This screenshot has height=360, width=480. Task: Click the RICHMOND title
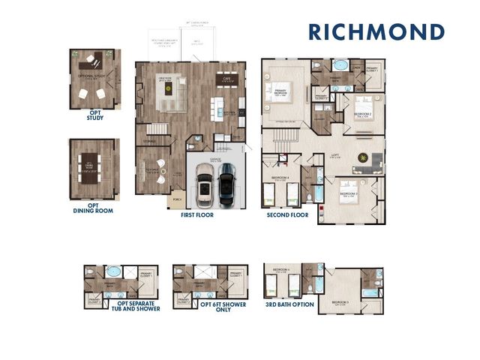(x=376, y=32)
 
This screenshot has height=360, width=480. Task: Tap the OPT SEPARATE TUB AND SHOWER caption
(x=121, y=308)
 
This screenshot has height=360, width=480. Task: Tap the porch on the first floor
(x=178, y=200)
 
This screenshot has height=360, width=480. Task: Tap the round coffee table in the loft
(x=364, y=157)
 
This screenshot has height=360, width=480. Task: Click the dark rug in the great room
(x=168, y=87)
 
